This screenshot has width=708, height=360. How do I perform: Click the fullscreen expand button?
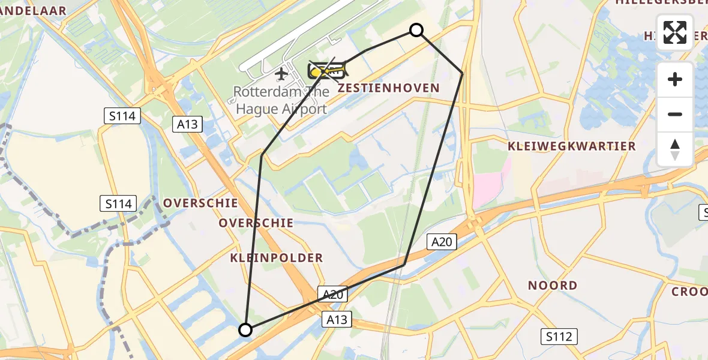click(675, 32)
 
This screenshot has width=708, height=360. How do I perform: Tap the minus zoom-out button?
click(675, 114)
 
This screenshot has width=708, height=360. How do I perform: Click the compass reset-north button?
click(675, 149)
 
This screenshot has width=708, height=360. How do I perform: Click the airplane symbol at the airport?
click(281, 74)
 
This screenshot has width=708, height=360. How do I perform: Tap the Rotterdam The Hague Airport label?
click(281, 100)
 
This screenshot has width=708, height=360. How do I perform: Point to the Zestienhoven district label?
click(389, 88)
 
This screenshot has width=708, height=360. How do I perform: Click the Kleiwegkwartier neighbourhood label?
click(571, 146)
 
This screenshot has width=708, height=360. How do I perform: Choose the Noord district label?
click(553, 286)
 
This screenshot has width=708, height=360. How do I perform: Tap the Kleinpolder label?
click(276, 258)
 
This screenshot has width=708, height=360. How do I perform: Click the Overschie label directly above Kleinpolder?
click(256, 223)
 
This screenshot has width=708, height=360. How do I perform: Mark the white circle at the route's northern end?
click(416, 30)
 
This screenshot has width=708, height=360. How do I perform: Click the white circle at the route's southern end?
click(245, 329)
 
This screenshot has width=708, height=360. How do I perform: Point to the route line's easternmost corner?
click(462, 73)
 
